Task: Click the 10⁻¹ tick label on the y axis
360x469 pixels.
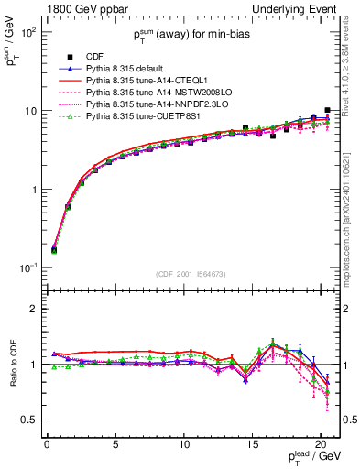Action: (x=28, y=268)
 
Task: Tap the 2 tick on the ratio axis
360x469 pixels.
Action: (x=33, y=309)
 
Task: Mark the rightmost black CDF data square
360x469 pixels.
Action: (x=327, y=110)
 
